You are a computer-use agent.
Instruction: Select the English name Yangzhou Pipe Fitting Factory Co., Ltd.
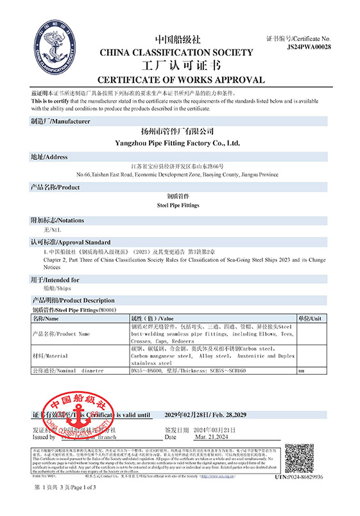180,143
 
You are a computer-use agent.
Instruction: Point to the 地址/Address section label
49,157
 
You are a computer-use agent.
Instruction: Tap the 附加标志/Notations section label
57,220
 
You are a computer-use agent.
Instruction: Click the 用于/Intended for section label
55,280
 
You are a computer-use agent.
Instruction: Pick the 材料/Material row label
50,355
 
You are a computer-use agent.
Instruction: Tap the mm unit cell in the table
301,371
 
